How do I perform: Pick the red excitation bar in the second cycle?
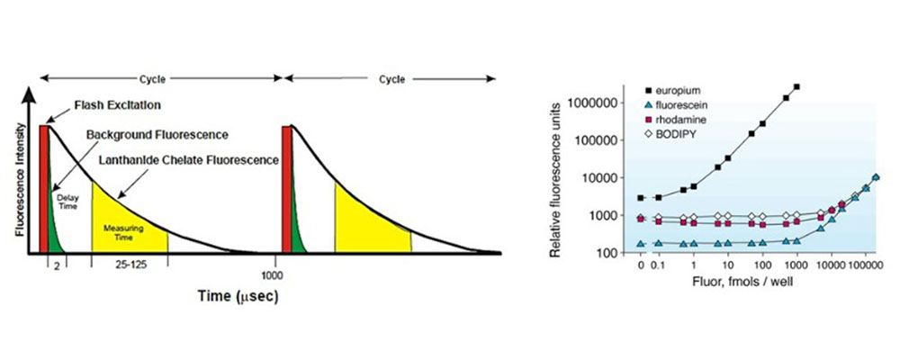(x=288, y=188)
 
